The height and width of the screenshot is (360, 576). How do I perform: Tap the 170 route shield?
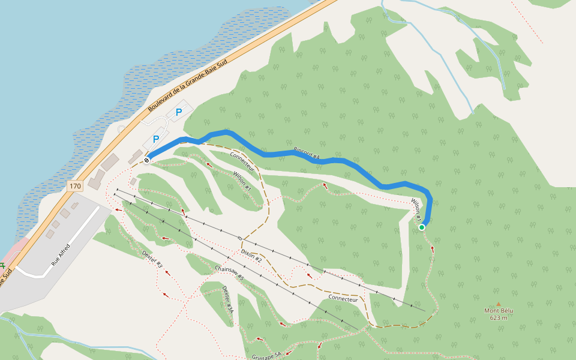click(x=74, y=187)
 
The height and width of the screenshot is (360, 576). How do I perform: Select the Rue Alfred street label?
click(x=61, y=254)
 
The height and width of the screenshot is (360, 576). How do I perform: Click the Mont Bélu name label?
click(x=498, y=311)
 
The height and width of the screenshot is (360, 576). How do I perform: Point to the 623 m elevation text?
click(x=498, y=318)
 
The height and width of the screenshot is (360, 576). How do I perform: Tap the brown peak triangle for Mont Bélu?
click(x=498, y=304)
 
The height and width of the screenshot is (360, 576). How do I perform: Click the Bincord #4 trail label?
click(x=306, y=154)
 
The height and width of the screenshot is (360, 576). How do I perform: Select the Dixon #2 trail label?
click(x=251, y=254)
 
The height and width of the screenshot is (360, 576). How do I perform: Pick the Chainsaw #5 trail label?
click(x=229, y=274)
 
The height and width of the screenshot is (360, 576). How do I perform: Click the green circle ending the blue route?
click(x=422, y=227)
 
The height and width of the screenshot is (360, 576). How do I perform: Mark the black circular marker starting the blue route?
click(x=146, y=160)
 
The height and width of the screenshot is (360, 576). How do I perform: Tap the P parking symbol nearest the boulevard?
click(x=178, y=112)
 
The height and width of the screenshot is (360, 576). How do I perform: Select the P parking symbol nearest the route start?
click(x=156, y=139)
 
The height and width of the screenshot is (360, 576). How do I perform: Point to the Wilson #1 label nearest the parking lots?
click(x=242, y=181)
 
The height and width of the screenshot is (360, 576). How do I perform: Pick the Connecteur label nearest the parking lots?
click(x=242, y=162)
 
